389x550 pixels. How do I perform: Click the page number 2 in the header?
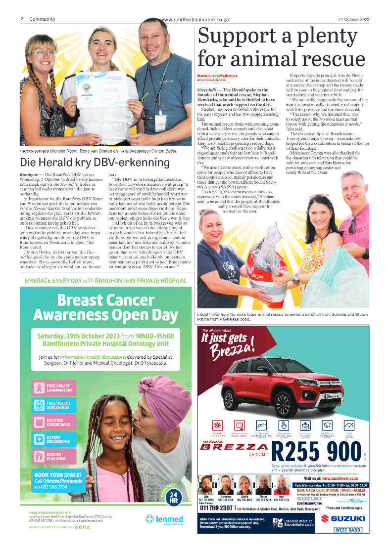click(x=22, y=19)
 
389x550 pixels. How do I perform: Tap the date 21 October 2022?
click(x=354, y=19)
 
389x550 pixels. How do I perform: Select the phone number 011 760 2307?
click(x=216, y=508)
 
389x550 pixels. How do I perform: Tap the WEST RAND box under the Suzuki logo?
click(x=348, y=530)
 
